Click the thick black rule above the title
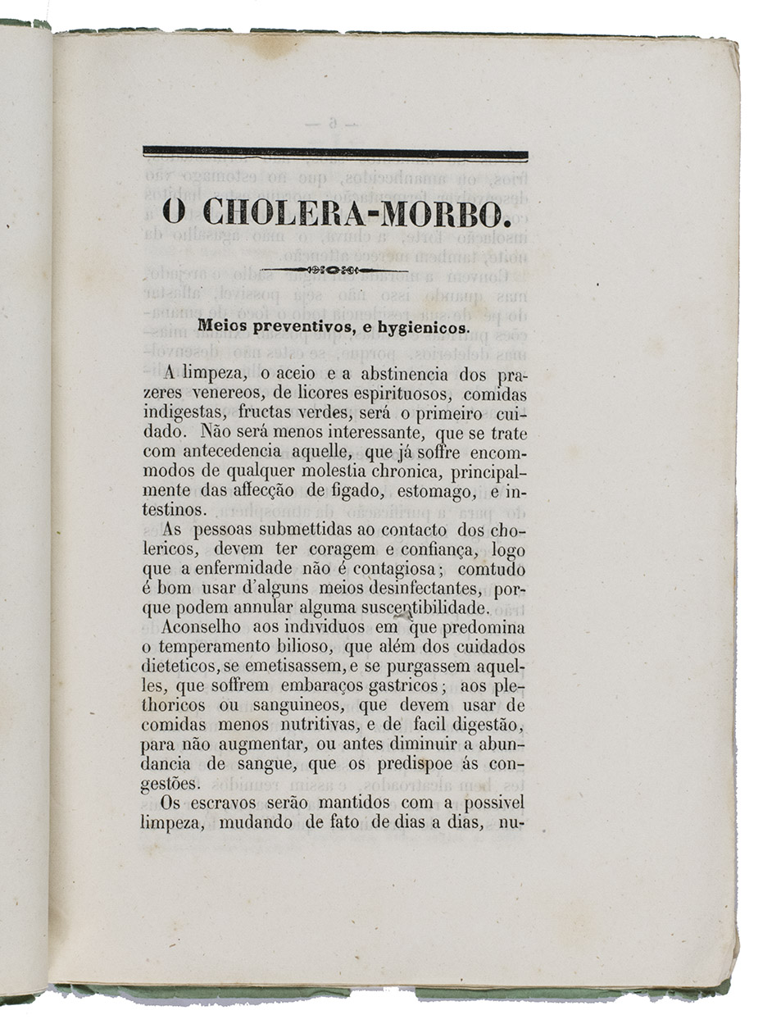[334, 153]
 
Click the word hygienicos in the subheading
[417, 327]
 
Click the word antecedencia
[233, 453]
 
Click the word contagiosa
[396, 569]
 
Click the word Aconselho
[202, 628]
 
